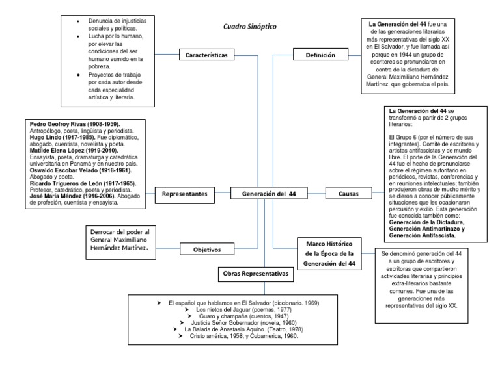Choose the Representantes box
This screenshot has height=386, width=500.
pos(185,194)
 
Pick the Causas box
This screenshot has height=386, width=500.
pos(349,194)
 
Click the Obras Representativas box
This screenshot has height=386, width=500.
pos(256,274)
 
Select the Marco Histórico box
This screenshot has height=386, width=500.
pos(324,253)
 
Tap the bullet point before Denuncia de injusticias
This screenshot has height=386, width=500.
pos(79,21)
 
